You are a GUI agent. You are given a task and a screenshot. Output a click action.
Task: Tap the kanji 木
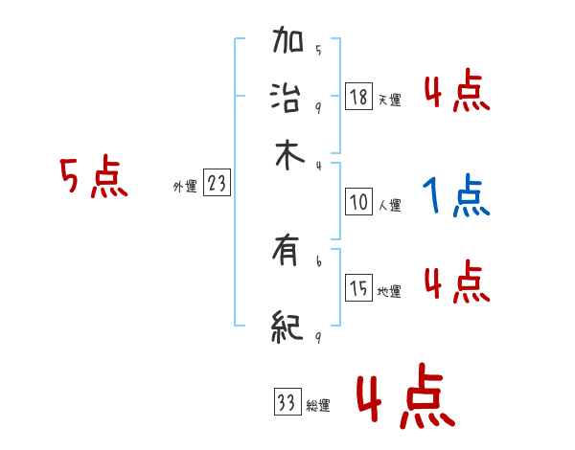point(288,156)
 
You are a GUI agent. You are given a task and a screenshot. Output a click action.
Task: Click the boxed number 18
point(358,97)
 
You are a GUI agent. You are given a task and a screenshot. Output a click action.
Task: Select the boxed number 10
point(358,202)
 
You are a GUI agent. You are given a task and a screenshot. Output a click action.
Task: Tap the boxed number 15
point(358,288)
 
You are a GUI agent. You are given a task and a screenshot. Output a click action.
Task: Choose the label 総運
point(318,406)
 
